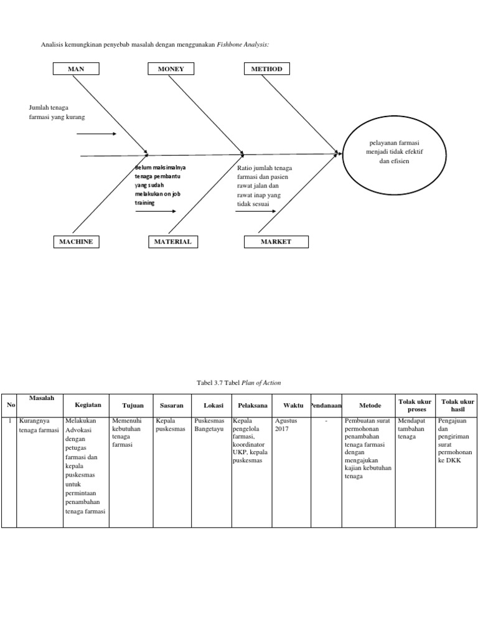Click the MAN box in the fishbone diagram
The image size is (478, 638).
pyautogui.click(x=76, y=69)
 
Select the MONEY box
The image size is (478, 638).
pyautogui.click(x=171, y=69)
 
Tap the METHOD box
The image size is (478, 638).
pyautogui.click(x=266, y=69)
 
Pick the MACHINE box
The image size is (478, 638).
pyautogui.click(x=76, y=242)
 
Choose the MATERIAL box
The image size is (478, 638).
pyautogui.click(x=171, y=242)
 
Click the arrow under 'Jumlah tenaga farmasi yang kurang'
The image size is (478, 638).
pyautogui.click(x=97, y=134)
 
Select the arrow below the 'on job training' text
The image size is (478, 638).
pyautogui.click(x=156, y=211)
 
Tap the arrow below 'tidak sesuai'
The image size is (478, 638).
pyautogui.click(x=255, y=211)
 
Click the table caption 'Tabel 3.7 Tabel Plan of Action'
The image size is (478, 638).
pyautogui.click(x=238, y=383)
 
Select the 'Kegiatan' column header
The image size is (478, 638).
pyautogui.click(x=86, y=405)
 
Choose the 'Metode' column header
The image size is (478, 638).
pyautogui.click(x=370, y=405)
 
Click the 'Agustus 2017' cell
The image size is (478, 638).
pyautogui.click(x=286, y=425)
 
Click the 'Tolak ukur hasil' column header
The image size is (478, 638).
pyautogui.click(x=457, y=406)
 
